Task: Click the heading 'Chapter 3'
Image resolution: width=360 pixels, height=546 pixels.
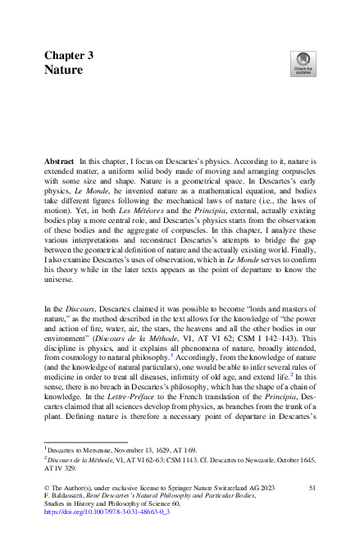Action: [x=68, y=56]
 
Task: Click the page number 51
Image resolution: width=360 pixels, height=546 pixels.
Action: [x=312, y=488]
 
